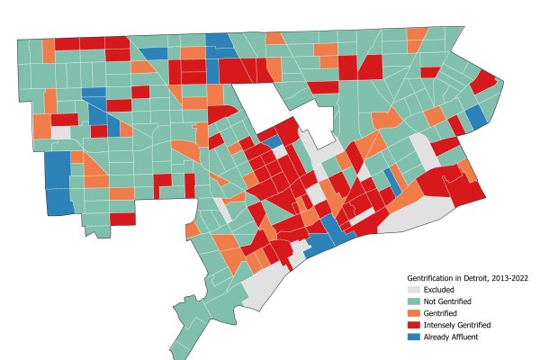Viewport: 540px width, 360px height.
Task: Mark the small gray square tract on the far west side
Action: [x=60, y=132]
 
